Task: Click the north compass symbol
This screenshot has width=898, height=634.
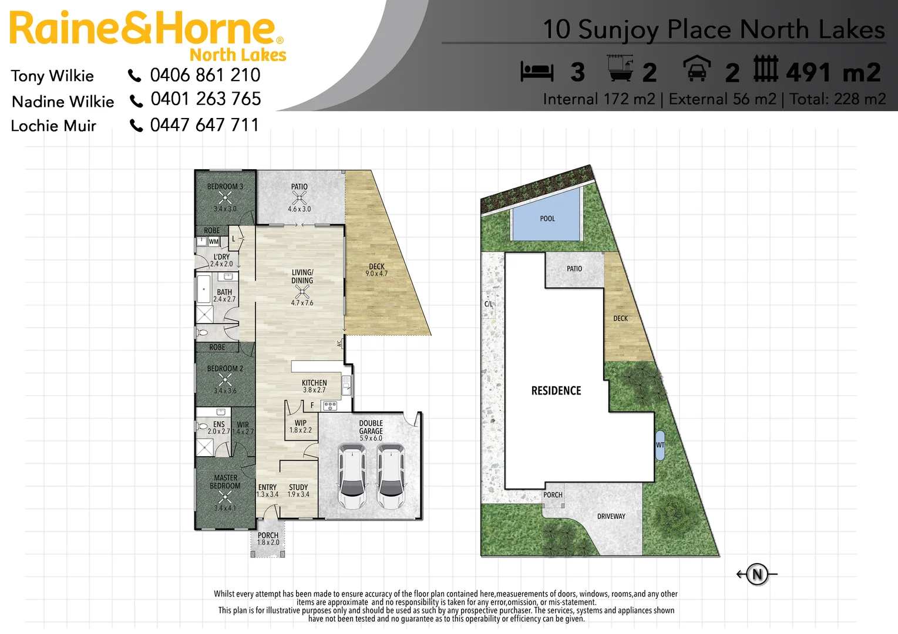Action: (757, 574)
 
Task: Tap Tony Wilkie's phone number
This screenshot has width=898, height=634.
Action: (205, 75)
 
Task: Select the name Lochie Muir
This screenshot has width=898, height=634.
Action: (53, 126)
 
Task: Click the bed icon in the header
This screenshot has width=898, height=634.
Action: (537, 72)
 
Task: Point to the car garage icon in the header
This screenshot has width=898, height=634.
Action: (697, 69)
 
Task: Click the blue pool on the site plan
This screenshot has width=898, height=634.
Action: (547, 218)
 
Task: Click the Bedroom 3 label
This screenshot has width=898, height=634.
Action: (225, 187)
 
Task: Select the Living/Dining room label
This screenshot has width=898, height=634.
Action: (302, 276)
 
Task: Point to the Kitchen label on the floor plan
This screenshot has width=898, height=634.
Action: (314, 383)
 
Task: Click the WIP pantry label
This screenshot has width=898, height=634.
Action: (301, 423)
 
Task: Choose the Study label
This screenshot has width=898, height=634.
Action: (298, 487)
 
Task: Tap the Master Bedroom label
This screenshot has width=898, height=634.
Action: (226, 482)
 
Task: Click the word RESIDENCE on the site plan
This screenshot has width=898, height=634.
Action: (556, 391)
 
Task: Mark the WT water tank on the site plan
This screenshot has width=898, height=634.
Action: (660, 445)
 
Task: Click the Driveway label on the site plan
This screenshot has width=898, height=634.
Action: (611, 517)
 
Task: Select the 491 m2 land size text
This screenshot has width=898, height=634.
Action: (833, 73)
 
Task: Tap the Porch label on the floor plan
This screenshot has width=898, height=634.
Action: (268, 535)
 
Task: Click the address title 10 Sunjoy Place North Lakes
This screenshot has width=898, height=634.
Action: (713, 29)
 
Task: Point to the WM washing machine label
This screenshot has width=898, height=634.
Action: (214, 241)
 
